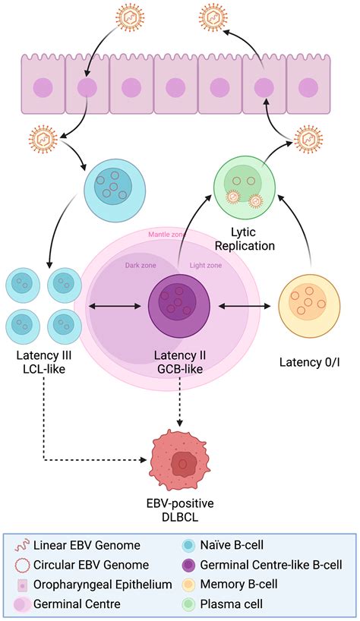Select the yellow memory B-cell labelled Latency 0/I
[x=311, y=304]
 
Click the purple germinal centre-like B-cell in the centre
[x=179, y=305]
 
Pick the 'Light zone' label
[x=205, y=265]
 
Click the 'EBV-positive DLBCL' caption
[x=180, y=510]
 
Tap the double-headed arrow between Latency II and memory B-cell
[x=245, y=307]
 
